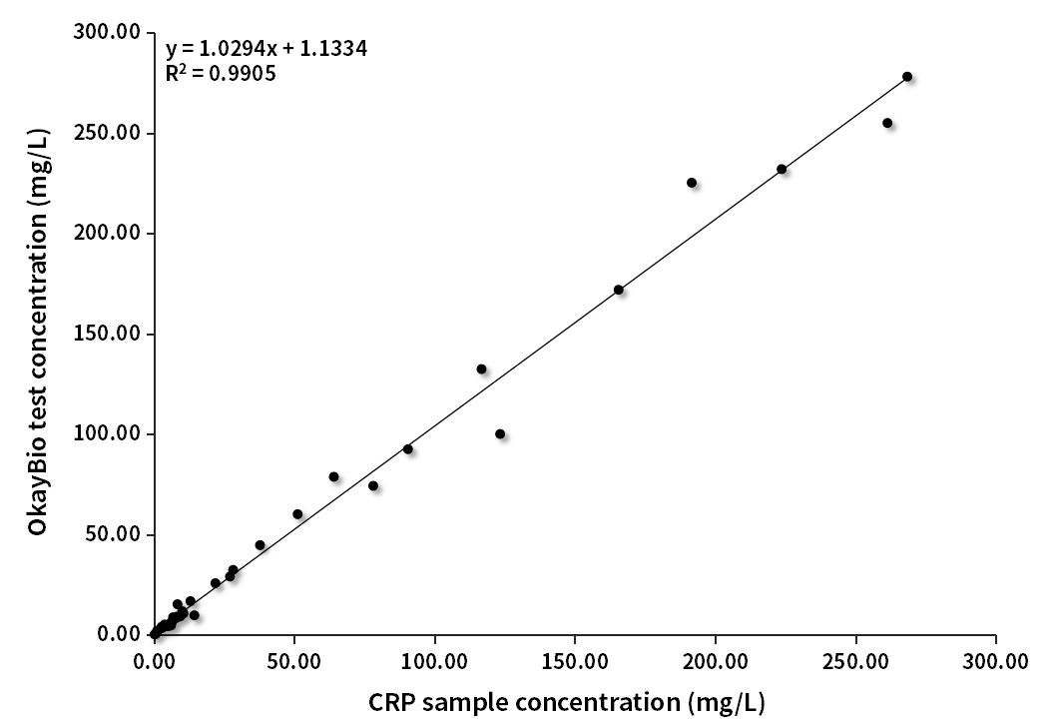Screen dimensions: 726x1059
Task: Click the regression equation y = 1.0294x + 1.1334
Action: [x=266, y=48]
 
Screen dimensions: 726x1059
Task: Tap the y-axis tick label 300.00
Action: [x=108, y=33]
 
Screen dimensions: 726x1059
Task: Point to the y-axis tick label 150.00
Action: [x=108, y=334]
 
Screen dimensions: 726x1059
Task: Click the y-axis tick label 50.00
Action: [x=112, y=534]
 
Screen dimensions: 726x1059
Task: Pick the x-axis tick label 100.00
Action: [x=434, y=661]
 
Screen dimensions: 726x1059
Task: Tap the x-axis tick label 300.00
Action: [x=996, y=661]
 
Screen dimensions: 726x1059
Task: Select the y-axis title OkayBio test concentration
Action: [x=37, y=332]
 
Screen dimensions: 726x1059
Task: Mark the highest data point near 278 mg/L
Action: [x=907, y=77]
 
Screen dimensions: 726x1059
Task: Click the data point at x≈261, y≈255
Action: [x=887, y=123]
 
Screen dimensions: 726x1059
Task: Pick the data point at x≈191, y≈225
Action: [x=692, y=183]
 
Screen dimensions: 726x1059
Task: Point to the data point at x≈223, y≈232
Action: [x=782, y=169]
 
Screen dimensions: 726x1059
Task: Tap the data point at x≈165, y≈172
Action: [x=619, y=290]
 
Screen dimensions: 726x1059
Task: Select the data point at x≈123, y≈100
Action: [x=500, y=433]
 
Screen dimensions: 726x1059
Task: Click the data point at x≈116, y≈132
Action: [x=481, y=368]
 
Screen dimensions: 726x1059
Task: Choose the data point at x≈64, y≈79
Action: [x=333, y=476]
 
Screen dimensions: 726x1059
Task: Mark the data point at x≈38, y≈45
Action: [x=261, y=545]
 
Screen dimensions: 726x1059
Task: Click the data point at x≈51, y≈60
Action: [x=297, y=514]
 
